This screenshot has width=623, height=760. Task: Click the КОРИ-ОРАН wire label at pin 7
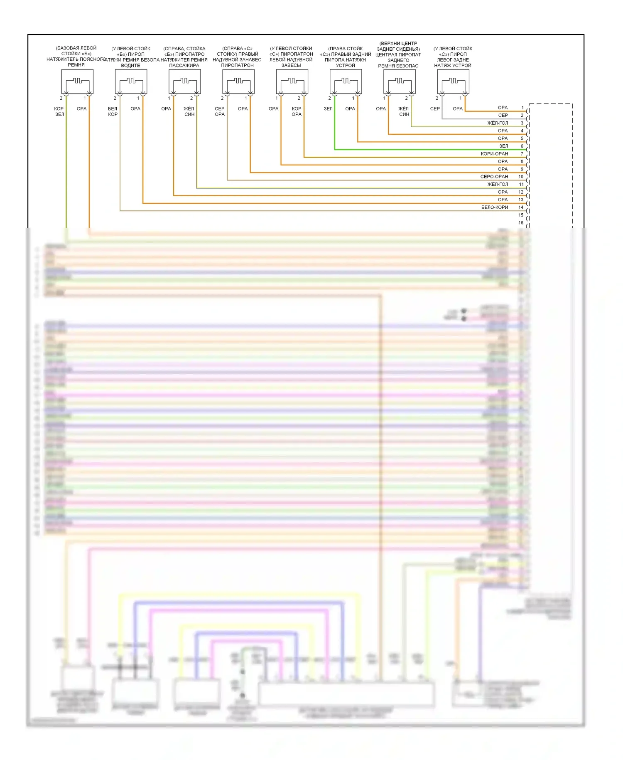click(494, 154)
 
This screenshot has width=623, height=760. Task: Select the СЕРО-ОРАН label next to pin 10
click(494, 177)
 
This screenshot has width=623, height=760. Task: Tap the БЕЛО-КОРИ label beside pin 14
click(494, 207)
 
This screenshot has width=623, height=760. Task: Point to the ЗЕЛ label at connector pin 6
click(503, 146)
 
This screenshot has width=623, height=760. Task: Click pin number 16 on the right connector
click(521, 223)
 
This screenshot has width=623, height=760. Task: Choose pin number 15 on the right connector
click(521, 215)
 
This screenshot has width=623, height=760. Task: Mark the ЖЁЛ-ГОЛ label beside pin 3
click(498, 123)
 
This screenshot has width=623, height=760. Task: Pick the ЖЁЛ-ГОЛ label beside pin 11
click(498, 184)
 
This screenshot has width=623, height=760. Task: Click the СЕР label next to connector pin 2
click(503, 116)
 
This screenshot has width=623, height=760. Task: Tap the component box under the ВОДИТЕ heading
click(131, 81)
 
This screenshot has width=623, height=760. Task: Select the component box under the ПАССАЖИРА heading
click(184, 81)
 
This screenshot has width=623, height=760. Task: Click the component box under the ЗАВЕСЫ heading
click(292, 81)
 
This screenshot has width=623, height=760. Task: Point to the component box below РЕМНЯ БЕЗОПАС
click(399, 81)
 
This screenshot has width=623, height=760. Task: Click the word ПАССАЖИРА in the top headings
click(184, 66)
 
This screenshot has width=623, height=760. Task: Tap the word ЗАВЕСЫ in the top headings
click(291, 65)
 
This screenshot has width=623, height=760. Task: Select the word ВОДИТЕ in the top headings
click(130, 66)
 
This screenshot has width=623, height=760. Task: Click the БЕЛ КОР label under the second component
click(113, 111)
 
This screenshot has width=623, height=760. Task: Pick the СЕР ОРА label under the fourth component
click(220, 111)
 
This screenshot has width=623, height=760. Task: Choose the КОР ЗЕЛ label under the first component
click(59, 111)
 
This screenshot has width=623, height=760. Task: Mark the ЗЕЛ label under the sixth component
click(328, 109)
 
